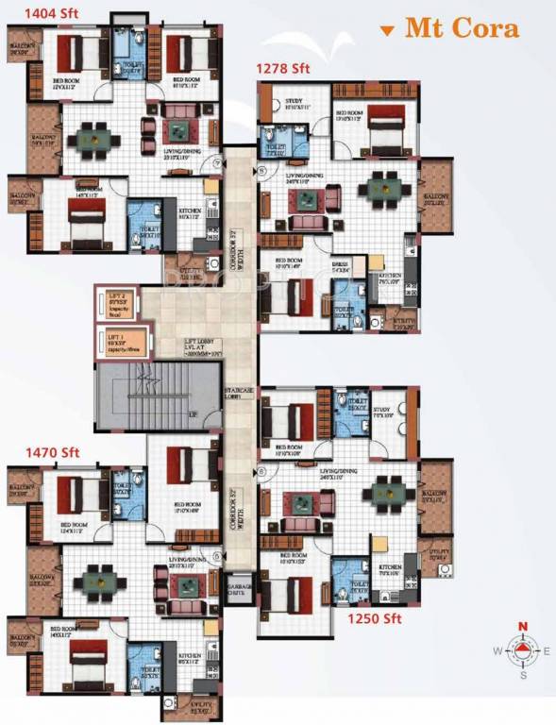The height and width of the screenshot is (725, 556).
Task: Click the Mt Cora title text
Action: pyautogui.click(x=462, y=28)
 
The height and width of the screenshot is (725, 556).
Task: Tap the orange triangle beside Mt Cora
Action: pyautogui.click(x=386, y=31)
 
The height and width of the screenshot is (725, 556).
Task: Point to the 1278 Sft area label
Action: pyautogui.click(x=283, y=68)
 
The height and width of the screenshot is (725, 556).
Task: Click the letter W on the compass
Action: pyautogui.click(x=496, y=651)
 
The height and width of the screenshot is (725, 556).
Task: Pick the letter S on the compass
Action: pyautogui.click(x=521, y=675)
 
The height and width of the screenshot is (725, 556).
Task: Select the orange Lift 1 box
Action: pyautogui.click(x=120, y=342)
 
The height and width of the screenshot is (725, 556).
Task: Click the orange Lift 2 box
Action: pyautogui.click(x=120, y=304)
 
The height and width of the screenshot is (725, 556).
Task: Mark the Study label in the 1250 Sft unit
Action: pyautogui.click(x=381, y=412)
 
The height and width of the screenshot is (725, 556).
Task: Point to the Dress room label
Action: pyautogui.click(x=341, y=267)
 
